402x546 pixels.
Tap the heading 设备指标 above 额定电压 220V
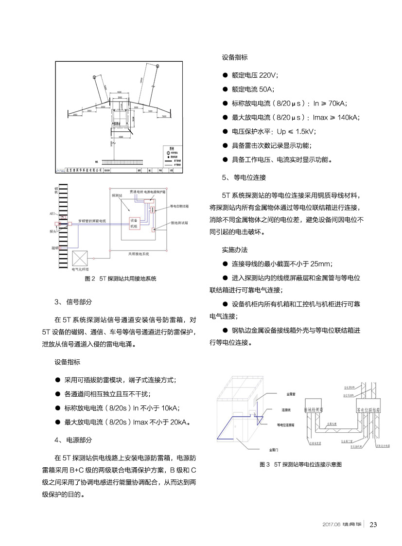pyautogui.click(x=235, y=57)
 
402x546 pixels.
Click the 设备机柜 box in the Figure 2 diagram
pyautogui.click(x=135, y=224)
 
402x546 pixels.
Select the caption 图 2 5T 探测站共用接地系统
pyautogui.click(x=121, y=279)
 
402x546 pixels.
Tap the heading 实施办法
pyautogui.click(x=235, y=250)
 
